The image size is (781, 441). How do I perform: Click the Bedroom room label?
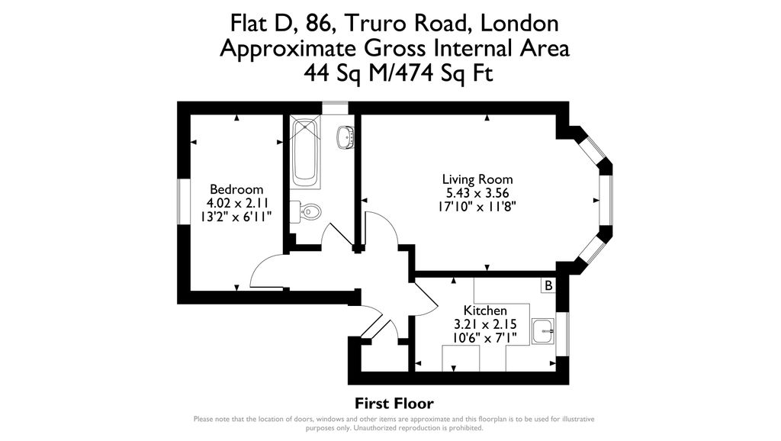[x=236, y=189]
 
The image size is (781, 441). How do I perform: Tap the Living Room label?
[x=477, y=179]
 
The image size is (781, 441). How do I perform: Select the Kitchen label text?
[x=485, y=311]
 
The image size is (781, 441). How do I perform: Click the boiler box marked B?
[x=548, y=285]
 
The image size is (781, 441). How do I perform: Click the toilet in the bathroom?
[x=305, y=212]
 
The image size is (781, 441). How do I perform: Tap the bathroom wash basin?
[x=346, y=137]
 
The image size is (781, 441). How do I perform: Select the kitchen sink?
[x=543, y=331]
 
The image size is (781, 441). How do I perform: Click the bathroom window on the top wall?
[x=335, y=108]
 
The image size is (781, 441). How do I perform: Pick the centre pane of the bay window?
[x=606, y=200]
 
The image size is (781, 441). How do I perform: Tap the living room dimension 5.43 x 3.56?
[x=477, y=193]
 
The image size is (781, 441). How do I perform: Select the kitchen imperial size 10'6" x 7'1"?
[x=484, y=338]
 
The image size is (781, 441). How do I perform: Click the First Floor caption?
[x=394, y=403]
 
